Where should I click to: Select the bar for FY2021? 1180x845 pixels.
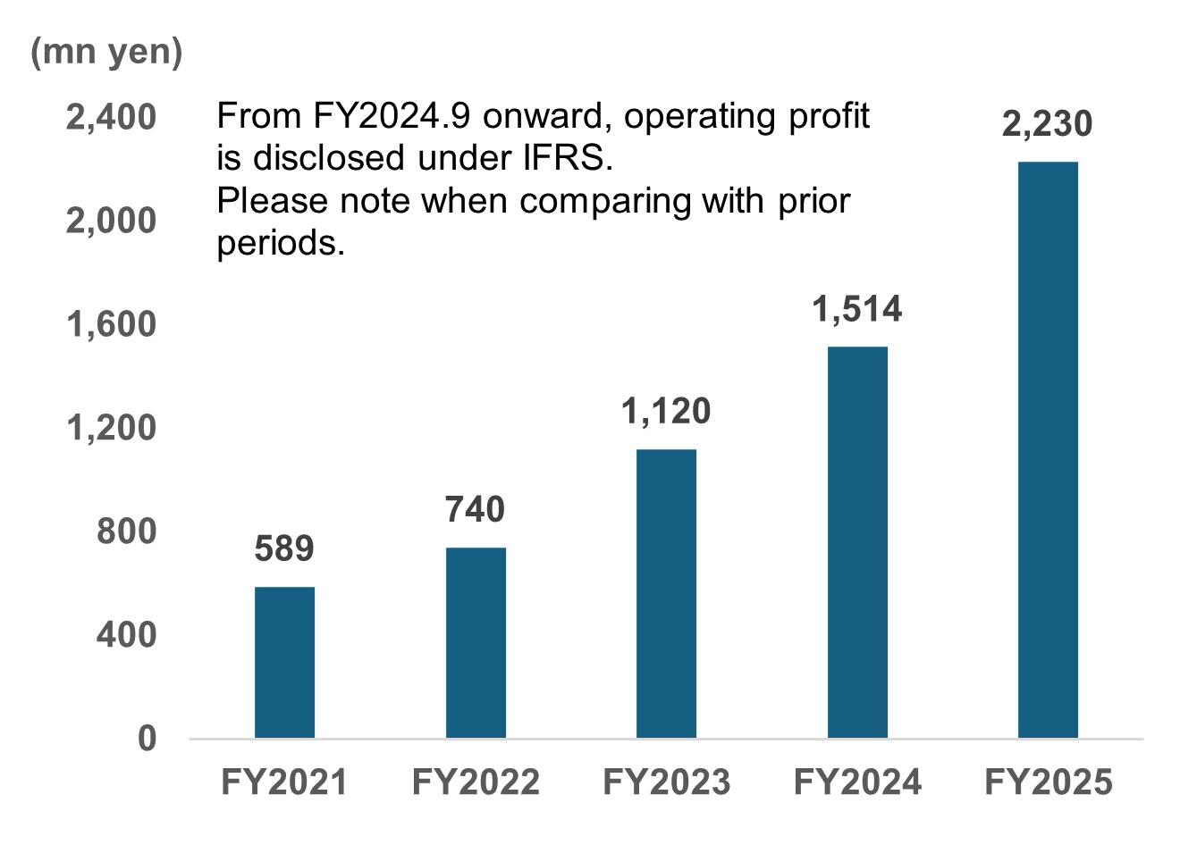tap(284, 662)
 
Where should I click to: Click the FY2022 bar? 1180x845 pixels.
tap(476, 642)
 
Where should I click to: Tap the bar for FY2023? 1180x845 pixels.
tap(666, 593)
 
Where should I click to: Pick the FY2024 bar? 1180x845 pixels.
tap(857, 541)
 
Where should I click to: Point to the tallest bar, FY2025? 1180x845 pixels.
tap(1048, 449)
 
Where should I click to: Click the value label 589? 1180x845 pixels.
tap(284, 548)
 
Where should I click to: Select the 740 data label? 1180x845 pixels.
tap(476, 509)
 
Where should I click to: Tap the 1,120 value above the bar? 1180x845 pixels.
tap(666, 411)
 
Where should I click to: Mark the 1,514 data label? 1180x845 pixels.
tap(857, 309)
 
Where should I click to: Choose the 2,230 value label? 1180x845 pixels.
tap(1048, 123)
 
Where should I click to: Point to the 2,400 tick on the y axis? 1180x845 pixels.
tap(111, 117)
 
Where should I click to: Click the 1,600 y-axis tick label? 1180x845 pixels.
tap(111, 324)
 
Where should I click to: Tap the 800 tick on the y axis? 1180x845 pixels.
tap(126, 531)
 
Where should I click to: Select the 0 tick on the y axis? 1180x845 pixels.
tap(147, 739)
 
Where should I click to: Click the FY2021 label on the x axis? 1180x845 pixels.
tap(284, 782)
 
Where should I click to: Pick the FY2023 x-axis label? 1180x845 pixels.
tap(666, 782)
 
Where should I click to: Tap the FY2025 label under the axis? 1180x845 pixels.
tap(1048, 782)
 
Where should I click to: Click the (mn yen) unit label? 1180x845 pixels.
tap(106, 52)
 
